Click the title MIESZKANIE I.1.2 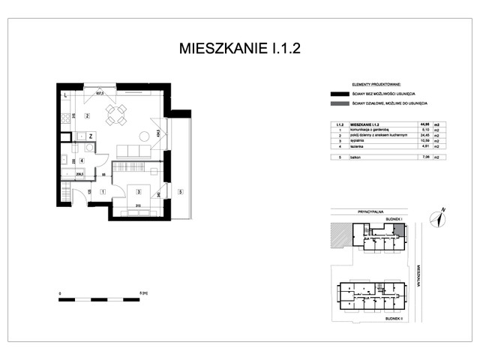pyautogui.click(x=240, y=49)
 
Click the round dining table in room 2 pyautogui.click(x=115, y=114)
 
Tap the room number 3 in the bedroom pyautogui.click(x=139, y=192)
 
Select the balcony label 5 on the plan pyautogui.click(x=180, y=192)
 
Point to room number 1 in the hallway pyautogui.click(x=102, y=192)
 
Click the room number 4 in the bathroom pyautogui.click(x=82, y=160)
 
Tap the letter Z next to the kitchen pyautogui.click(x=90, y=136)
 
